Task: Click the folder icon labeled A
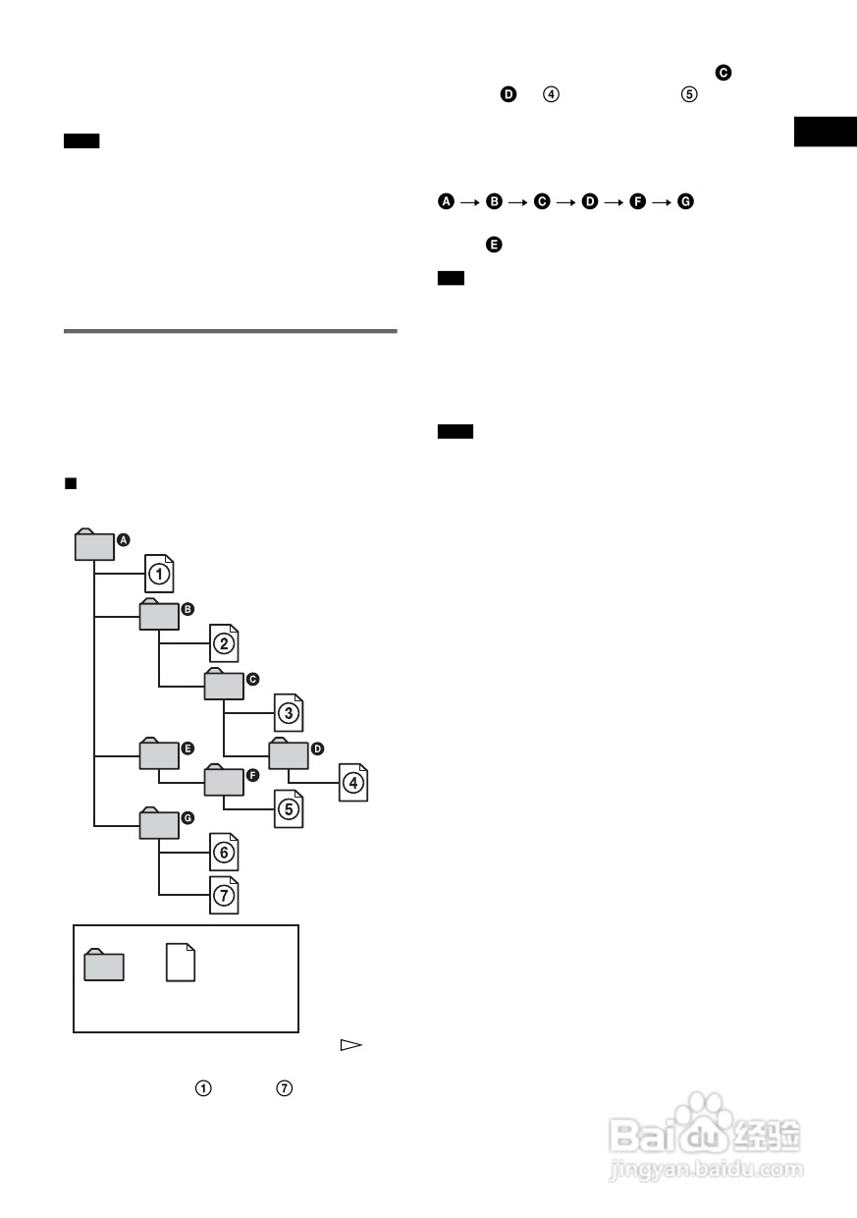click(x=94, y=544)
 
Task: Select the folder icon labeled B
click(x=159, y=615)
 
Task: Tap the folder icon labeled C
click(x=224, y=684)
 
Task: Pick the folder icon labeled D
click(x=289, y=753)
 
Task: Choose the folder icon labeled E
click(x=159, y=753)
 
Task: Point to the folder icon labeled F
click(x=224, y=780)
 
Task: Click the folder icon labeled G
click(x=159, y=823)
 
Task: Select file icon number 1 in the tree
click(x=159, y=574)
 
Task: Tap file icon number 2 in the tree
click(x=224, y=643)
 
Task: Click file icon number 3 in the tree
click(x=289, y=713)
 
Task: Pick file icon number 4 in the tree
click(x=353, y=783)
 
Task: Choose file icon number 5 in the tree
click(x=289, y=809)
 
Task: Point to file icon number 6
click(x=224, y=852)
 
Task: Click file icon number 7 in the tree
click(x=224, y=895)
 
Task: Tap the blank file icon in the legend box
click(x=181, y=963)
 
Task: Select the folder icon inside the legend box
click(x=104, y=965)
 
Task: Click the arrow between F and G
click(x=662, y=202)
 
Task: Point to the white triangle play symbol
click(x=351, y=1045)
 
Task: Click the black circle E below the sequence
click(x=494, y=245)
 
